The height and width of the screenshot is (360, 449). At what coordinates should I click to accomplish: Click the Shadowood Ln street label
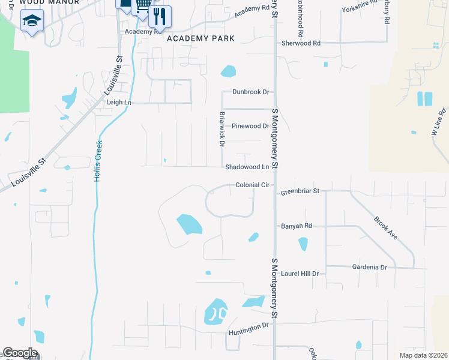pyautogui.click(x=247, y=167)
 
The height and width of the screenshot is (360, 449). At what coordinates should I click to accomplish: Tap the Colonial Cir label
pyautogui.click(x=252, y=185)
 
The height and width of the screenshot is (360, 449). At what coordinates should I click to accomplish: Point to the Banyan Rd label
pyautogui.click(x=297, y=226)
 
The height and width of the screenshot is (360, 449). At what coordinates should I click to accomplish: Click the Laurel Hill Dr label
pyautogui.click(x=300, y=273)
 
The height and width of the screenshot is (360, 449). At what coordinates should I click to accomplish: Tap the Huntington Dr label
pyautogui.click(x=249, y=328)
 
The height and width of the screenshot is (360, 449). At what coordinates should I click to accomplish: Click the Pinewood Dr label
pyautogui.click(x=251, y=126)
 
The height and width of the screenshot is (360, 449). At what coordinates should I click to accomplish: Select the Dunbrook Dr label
pyautogui.click(x=251, y=92)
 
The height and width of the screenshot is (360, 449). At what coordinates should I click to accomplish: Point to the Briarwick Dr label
pyautogui.click(x=221, y=129)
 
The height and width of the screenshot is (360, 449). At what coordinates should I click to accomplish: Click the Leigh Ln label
pyautogui.click(x=119, y=103)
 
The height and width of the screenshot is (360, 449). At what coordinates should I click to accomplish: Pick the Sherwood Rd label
pyautogui.click(x=301, y=43)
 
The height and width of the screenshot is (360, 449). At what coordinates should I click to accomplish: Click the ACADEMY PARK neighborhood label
pyautogui.click(x=200, y=38)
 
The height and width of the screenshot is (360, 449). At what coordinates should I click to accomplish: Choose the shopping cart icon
pyautogui.click(x=143, y=5)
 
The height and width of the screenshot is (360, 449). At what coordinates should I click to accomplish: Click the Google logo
pyautogui.click(x=20, y=353)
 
